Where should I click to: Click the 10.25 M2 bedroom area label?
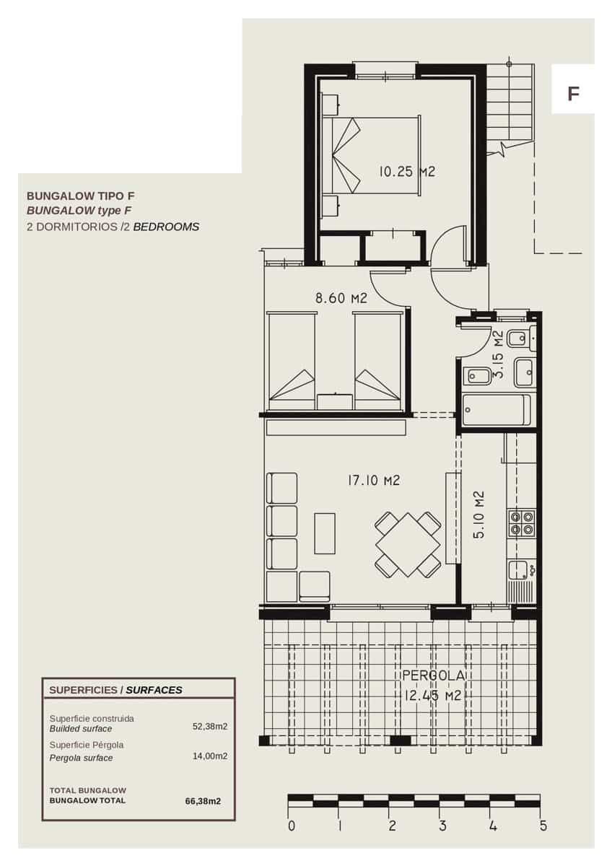(x=407, y=171)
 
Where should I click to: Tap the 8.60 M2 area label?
(x=341, y=298)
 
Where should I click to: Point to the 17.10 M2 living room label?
(x=373, y=481)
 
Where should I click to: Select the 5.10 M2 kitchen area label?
(x=478, y=515)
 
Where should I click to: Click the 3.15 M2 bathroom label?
(x=499, y=354)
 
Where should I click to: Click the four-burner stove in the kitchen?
(x=522, y=522)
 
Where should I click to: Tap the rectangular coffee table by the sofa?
(x=325, y=533)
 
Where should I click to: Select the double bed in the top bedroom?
(x=376, y=155)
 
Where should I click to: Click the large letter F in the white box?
(x=573, y=94)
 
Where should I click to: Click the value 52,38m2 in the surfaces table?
(x=210, y=727)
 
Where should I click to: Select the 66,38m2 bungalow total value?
(x=203, y=800)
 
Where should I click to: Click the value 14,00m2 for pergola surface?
(x=210, y=756)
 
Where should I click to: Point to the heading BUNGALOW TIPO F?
(x=80, y=196)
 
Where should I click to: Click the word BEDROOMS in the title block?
(x=166, y=227)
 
